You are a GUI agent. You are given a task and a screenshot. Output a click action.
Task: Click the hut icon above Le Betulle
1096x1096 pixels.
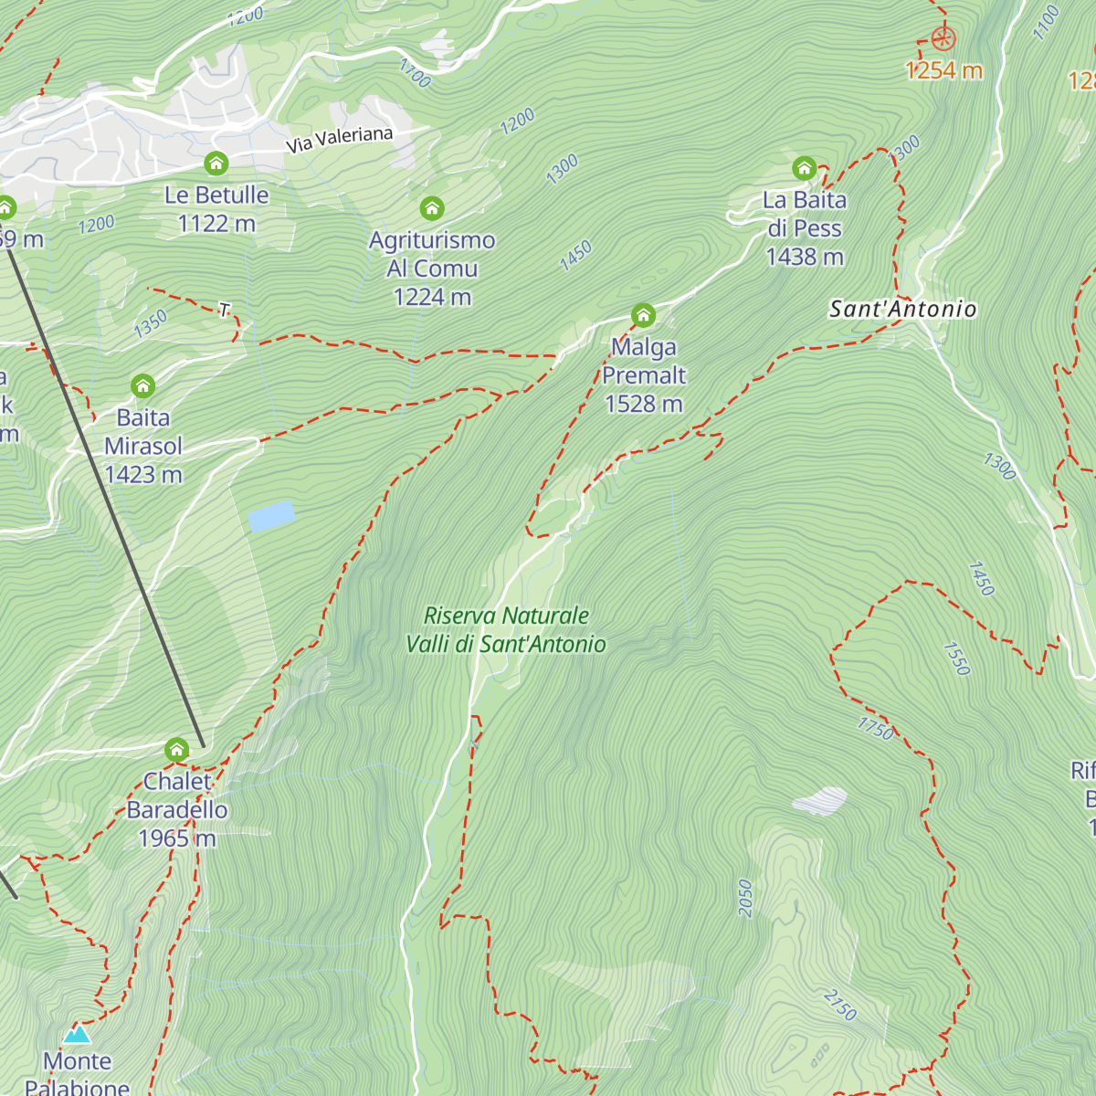tap(216, 163)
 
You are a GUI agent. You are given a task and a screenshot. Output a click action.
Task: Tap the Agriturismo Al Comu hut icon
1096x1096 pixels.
tap(432, 208)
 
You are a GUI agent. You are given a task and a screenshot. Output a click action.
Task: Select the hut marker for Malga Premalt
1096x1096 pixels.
tap(643, 316)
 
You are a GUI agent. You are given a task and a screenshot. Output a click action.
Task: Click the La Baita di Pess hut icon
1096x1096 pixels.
tap(804, 168)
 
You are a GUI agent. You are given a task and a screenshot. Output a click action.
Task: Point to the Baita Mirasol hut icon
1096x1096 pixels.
tap(142, 386)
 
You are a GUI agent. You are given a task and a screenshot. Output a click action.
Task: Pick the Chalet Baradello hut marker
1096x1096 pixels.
tap(176, 751)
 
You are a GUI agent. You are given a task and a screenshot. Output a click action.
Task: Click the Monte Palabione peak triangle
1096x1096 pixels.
tap(77, 1035)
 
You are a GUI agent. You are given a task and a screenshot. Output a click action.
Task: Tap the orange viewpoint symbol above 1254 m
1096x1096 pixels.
tap(943, 38)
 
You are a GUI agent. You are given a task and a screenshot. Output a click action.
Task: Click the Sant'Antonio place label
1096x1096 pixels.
tap(902, 310)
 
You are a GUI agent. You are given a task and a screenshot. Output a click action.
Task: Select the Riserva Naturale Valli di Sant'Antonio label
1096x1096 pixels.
tap(506, 630)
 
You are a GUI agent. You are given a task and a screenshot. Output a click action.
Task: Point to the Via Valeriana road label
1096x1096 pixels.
tap(340, 140)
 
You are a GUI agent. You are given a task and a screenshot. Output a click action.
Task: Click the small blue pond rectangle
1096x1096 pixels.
tap(271, 516)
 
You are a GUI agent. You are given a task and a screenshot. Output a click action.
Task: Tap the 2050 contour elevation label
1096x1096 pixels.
tap(745, 898)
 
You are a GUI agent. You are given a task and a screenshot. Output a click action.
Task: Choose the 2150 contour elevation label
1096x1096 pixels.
tap(839, 1005)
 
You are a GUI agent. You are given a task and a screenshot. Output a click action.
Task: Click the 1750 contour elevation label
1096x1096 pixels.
tap(876, 728)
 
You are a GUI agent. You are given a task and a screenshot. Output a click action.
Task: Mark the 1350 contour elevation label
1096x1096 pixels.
tap(151, 323)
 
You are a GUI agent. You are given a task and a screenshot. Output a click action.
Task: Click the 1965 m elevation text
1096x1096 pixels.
tap(177, 838)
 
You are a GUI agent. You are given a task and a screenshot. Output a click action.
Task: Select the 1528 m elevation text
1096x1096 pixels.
tap(644, 404)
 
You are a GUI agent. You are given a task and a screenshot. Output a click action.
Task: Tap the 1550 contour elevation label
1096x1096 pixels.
tap(956, 659)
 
